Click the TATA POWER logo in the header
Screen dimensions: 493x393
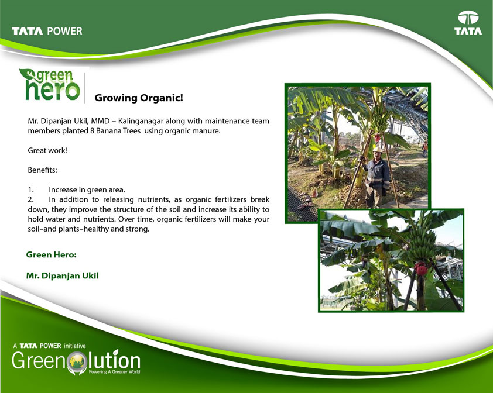coord(47,31)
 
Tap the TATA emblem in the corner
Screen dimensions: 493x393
coord(468,23)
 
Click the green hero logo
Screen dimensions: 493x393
coord(50,84)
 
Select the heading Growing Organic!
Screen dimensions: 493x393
coord(139,98)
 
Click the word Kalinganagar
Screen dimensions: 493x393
coord(141,121)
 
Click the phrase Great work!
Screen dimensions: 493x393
coord(47,150)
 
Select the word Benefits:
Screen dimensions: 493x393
coord(42,170)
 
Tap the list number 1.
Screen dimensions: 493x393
coord(30,189)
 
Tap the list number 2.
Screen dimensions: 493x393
coord(31,199)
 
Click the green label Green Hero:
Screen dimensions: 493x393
coord(52,254)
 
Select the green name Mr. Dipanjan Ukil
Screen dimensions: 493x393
coord(62,276)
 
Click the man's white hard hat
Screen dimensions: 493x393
coord(377,150)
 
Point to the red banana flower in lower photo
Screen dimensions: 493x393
coord(420,269)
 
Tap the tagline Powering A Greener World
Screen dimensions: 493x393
coord(114,372)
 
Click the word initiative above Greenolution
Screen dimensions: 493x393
coord(75,346)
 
